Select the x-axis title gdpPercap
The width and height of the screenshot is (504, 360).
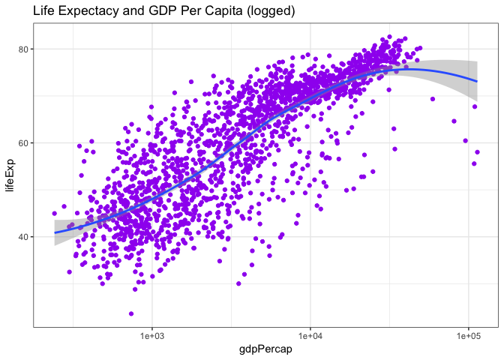coord(265,349)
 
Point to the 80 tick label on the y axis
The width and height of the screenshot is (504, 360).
coord(24,49)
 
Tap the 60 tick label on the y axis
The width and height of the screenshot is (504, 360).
coord(24,142)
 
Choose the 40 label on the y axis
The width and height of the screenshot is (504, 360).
coord(24,236)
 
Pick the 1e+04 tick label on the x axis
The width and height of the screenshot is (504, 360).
coord(310,334)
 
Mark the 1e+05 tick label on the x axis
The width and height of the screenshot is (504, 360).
coord(469,334)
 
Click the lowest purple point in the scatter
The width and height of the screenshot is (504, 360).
coord(131,314)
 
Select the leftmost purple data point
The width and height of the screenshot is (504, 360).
coord(54,214)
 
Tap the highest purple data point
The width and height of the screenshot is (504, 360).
coord(389,36)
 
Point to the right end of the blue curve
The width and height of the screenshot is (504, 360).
coord(478,81)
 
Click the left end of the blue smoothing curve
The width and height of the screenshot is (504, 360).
coord(54,232)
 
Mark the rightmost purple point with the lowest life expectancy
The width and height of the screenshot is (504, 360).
coord(474,163)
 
